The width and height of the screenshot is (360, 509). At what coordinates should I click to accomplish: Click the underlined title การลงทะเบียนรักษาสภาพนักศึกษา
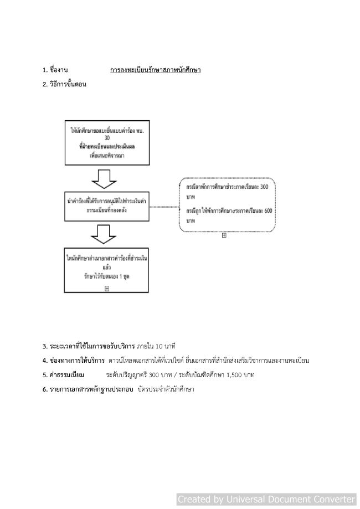pyautogui.click(x=155, y=70)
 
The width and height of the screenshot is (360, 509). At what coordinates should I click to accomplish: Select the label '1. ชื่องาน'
pyautogui.click(x=55, y=70)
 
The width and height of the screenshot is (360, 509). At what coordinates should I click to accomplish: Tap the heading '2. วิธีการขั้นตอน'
pyautogui.click(x=64, y=84)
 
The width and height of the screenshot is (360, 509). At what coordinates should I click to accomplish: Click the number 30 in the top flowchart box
pyautogui.click(x=107, y=138)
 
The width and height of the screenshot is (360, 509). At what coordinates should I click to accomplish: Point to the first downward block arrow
pyautogui.click(x=104, y=179)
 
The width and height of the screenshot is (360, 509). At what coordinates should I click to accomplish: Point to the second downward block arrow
pyautogui.click(x=104, y=234)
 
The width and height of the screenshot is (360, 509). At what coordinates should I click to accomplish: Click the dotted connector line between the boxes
pyautogui.click(x=164, y=207)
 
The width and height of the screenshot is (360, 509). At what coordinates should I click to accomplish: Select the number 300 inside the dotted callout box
pyautogui.click(x=264, y=187)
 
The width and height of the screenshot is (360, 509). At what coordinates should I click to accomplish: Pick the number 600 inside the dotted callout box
pyautogui.click(x=268, y=211)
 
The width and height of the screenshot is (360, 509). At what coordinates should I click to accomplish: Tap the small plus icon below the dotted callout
pyautogui.click(x=224, y=235)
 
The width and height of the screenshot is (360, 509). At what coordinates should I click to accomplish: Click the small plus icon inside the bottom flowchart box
pyautogui.click(x=107, y=288)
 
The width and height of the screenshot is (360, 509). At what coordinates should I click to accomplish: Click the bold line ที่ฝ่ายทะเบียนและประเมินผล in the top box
pyautogui.click(x=107, y=147)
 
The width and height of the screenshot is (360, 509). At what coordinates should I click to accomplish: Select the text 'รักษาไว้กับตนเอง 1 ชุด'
pyautogui.click(x=107, y=277)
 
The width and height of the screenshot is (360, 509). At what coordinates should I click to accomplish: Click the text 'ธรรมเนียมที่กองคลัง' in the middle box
pyautogui.click(x=107, y=210)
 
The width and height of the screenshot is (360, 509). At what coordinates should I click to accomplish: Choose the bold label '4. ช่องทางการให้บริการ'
pyautogui.click(x=74, y=361)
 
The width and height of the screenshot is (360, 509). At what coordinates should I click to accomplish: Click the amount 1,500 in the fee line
pyautogui.click(x=234, y=376)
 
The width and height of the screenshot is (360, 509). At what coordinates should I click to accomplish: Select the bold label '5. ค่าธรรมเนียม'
pyautogui.click(x=63, y=375)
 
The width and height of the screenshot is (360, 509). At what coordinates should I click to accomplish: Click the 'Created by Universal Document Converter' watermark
pyautogui.click(x=266, y=499)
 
